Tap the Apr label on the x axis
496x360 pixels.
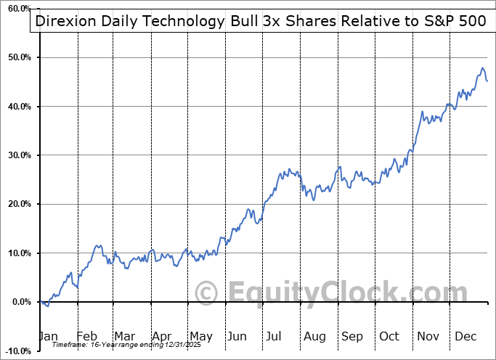pyautogui.click(x=163, y=336)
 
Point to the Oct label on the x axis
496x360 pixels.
pyautogui.click(x=389, y=336)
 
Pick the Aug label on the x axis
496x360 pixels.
pyautogui.click(x=314, y=336)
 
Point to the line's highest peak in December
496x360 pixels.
pyautogui.click(x=482, y=68)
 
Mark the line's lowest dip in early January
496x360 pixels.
pyautogui.click(x=48, y=306)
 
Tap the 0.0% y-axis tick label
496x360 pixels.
pyautogui.click(x=21, y=302)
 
